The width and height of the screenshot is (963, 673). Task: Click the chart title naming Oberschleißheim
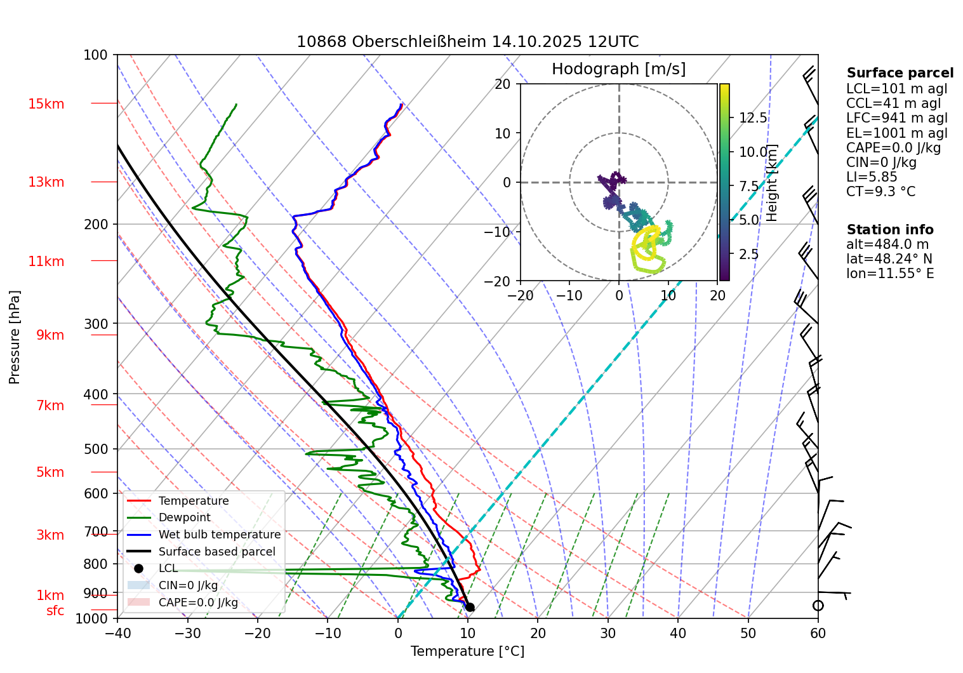point(467,42)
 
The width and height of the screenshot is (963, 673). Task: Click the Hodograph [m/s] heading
point(618,69)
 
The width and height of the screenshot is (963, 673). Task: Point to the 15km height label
point(46,104)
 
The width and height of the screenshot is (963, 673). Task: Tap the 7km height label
point(50,406)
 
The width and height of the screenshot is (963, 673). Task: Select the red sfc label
point(55,611)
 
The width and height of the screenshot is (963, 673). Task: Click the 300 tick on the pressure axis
point(96,324)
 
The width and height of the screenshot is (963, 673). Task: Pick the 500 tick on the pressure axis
point(96,449)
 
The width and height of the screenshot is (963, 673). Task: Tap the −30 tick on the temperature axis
point(187,633)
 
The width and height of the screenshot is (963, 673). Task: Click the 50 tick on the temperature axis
point(748,633)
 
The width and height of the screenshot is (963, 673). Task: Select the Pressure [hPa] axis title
point(15,337)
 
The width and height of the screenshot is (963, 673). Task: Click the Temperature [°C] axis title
point(467,651)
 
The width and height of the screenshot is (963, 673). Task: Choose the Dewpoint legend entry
point(184,517)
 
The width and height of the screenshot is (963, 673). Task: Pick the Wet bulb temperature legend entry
point(219,535)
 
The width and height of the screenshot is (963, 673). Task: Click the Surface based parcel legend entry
point(216,552)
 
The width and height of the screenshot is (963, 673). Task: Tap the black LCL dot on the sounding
point(470,608)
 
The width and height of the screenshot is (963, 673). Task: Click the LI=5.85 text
point(872,177)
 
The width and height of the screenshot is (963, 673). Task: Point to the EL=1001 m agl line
point(896,133)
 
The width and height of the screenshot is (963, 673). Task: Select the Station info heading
point(890,230)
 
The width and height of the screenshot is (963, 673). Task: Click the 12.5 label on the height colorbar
point(753,118)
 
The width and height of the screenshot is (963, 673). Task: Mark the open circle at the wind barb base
point(818,606)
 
